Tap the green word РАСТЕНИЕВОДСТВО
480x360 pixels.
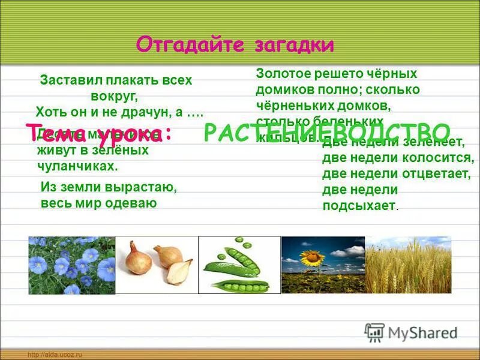click(x=328, y=133)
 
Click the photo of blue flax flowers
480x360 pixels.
click(x=71, y=265)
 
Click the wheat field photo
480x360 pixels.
click(x=408, y=265)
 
